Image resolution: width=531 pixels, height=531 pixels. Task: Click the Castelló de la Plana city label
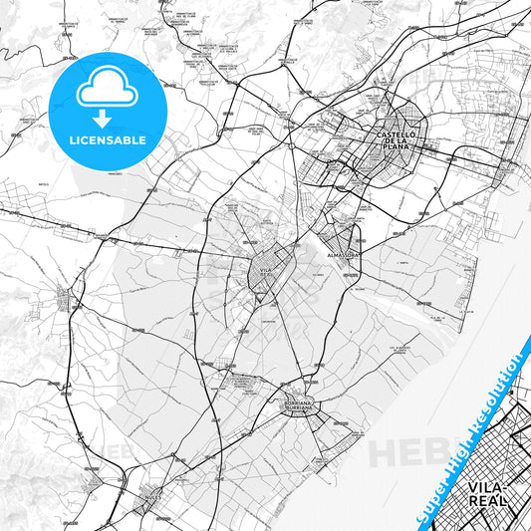pyautogui.click(x=400, y=141)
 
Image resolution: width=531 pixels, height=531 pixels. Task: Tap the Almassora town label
pyautogui.click(x=342, y=255)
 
